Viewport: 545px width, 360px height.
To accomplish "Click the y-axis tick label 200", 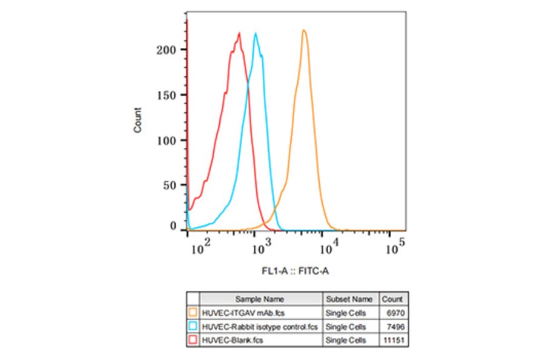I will tap(170, 50).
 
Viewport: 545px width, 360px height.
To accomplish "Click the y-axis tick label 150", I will tap(170, 95).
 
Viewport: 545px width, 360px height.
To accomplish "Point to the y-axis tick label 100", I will tap(170, 141).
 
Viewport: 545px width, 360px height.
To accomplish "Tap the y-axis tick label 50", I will tap(173, 185).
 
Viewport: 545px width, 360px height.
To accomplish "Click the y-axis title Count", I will tap(138, 119).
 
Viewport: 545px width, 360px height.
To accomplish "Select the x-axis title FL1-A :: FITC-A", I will tap(296, 272).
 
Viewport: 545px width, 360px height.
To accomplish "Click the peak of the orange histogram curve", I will tap(304, 30).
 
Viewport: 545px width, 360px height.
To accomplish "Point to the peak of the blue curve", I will tap(256, 33).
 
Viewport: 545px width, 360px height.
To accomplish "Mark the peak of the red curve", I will tap(240, 33).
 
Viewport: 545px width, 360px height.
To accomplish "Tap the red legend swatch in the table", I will tap(193, 341).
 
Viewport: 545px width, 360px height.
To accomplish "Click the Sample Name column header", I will tap(260, 299).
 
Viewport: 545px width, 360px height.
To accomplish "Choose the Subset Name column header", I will tap(349, 299).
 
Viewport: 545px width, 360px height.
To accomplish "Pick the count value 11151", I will tap(392, 341).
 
